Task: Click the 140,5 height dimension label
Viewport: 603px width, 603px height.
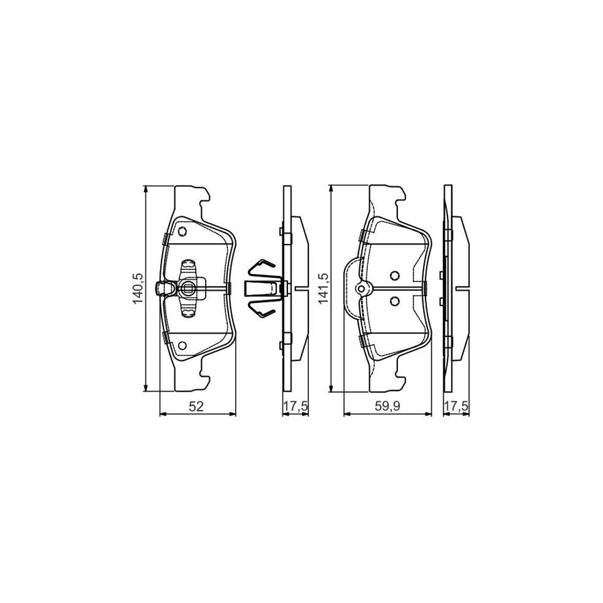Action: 138,288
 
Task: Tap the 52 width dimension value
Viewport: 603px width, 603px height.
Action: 196,406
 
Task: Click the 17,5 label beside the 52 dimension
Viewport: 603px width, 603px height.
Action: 295,406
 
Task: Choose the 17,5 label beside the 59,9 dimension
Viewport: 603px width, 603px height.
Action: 456,406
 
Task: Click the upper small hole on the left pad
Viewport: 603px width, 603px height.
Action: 182,232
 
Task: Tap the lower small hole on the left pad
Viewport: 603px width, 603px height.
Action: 182,345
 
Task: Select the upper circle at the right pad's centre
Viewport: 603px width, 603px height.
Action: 395,275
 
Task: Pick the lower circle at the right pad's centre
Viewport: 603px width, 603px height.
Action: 395,301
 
